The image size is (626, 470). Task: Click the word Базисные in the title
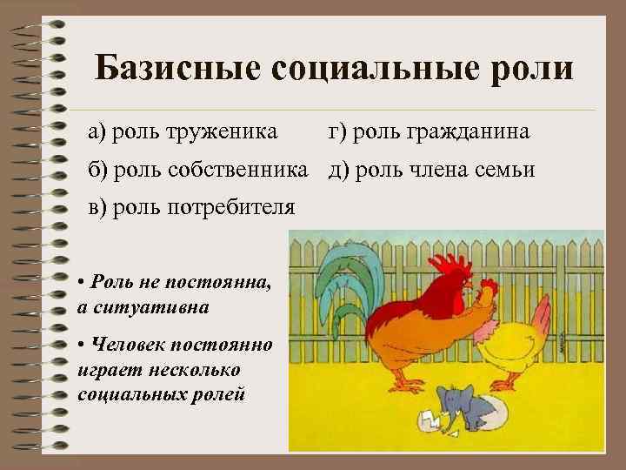tap(170, 67)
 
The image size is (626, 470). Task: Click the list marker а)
tap(95, 131)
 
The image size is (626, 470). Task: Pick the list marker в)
tap(95, 208)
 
